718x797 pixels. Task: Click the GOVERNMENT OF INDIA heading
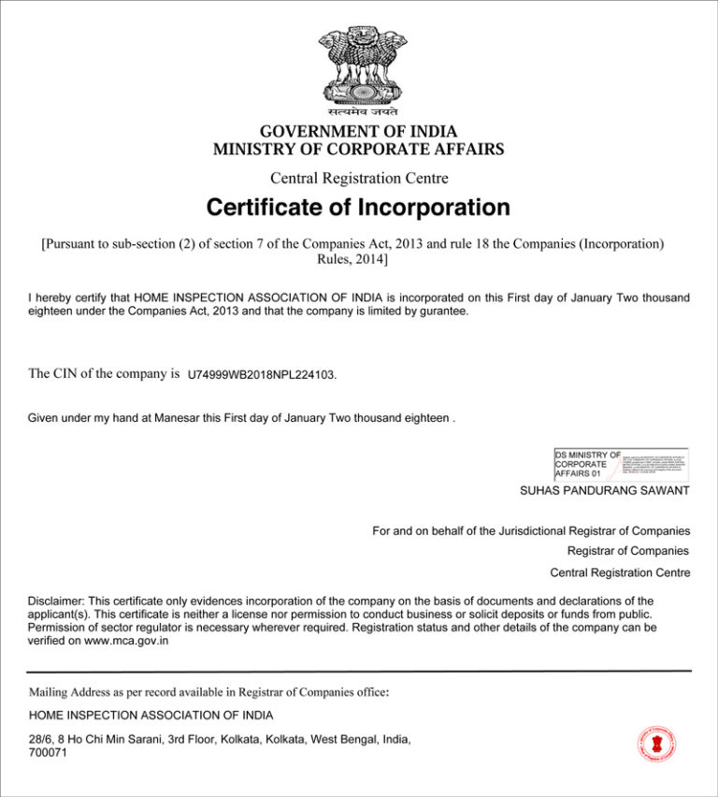pos(358,132)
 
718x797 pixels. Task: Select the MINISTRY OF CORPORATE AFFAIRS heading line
pos(358,149)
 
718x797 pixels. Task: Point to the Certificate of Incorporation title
pos(358,207)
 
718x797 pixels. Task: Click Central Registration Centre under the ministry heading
pos(359,178)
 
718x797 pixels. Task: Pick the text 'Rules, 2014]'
pos(352,259)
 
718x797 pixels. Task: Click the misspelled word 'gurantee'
pos(441,311)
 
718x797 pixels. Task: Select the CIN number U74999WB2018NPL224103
pos(260,375)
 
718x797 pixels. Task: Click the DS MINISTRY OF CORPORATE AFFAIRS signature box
pos(621,464)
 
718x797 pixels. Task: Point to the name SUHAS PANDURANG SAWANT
pos(605,490)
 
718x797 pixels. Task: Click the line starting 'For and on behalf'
pos(530,531)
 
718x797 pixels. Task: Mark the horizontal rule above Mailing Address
pos(359,671)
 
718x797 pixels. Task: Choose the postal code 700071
pos(48,752)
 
